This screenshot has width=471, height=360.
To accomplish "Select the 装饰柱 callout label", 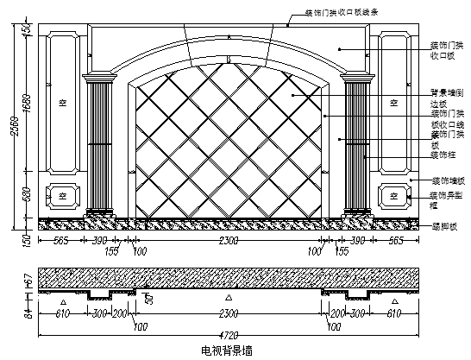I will click(x=443, y=156).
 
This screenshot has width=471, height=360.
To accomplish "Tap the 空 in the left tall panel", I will click(x=62, y=102).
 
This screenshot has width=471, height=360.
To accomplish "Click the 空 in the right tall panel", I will click(x=393, y=102).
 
